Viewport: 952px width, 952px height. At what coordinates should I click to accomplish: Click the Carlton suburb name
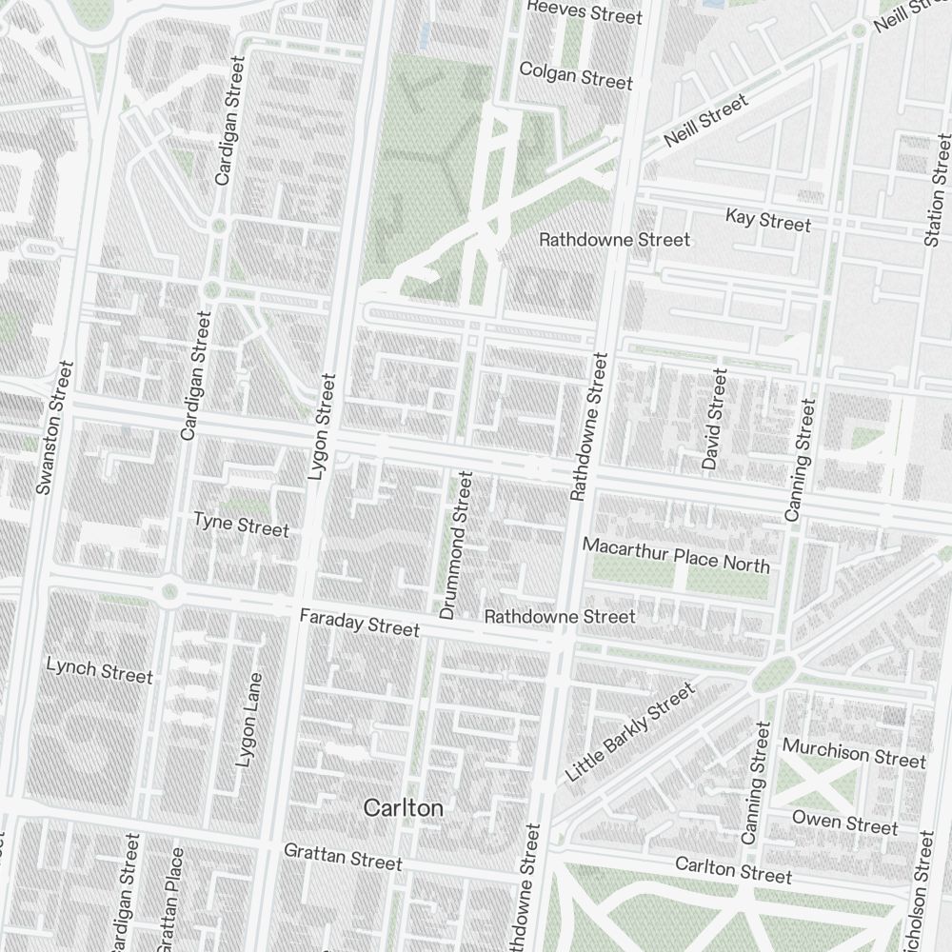(404, 808)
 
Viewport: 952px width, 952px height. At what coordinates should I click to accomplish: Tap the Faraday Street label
(359, 624)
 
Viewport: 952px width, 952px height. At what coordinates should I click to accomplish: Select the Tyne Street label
(241, 525)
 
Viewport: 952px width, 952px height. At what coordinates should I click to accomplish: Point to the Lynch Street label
(99, 670)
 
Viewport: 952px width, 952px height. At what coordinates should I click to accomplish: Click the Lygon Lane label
(248, 721)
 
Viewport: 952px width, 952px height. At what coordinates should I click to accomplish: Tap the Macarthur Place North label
(676, 556)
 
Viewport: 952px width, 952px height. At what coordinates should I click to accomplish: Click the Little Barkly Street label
(630, 733)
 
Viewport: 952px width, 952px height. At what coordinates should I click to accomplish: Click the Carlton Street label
(733, 869)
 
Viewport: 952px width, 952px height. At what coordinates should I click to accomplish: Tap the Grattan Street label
(343, 856)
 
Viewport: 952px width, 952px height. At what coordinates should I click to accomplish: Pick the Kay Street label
(768, 221)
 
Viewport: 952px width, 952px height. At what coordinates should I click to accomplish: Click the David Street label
(714, 420)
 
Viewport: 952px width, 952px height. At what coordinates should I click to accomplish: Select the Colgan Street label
(576, 76)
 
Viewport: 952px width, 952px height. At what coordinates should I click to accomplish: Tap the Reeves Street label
(585, 12)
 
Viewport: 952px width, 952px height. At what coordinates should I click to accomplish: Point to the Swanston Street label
(54, 427)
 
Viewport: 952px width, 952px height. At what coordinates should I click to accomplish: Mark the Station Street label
(938, 190)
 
